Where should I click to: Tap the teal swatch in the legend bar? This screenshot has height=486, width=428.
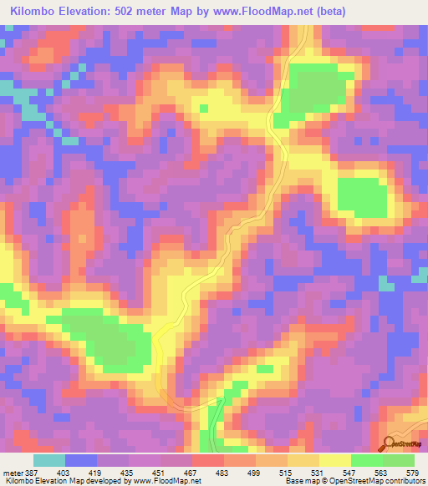point(49,461)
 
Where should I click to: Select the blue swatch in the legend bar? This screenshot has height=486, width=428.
point(81,461)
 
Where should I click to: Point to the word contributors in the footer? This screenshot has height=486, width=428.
point(402,480)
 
